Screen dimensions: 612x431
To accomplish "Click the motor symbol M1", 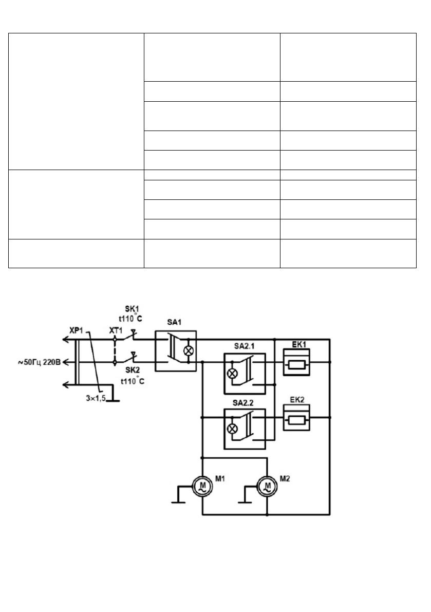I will pos(202,486).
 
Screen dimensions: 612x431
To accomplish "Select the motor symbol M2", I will pos(267,486).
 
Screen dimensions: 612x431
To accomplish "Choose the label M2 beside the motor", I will pos(286,480).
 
